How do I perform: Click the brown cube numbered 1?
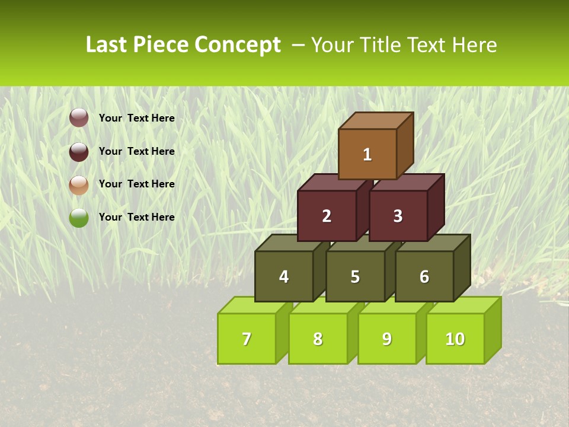click(x=367, y=154)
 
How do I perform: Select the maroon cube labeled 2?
click(x=327, y=216)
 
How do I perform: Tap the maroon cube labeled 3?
click(x=398, y=216)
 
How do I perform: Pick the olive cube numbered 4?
click(x=284, y=276)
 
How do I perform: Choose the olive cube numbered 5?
click(x=355, y=276)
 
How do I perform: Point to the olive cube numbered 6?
click(x=424, y=276)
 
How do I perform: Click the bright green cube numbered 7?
click(x=247, y=339)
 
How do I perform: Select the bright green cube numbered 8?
click(x=318, y=339)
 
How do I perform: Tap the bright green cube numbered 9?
click(x=386, y=339)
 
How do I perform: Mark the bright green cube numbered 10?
click(x=455, y=339)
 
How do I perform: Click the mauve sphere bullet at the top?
click(x=79, y=118)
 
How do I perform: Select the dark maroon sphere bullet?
click(x=79, y=151)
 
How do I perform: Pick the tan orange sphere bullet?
click(x=79, y=184)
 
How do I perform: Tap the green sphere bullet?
click(x=79, y=218)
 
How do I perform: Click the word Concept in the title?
click(x=237, y=45)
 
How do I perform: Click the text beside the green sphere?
click(x=136, y=217)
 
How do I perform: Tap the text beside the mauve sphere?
click(x=136, y=118)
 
